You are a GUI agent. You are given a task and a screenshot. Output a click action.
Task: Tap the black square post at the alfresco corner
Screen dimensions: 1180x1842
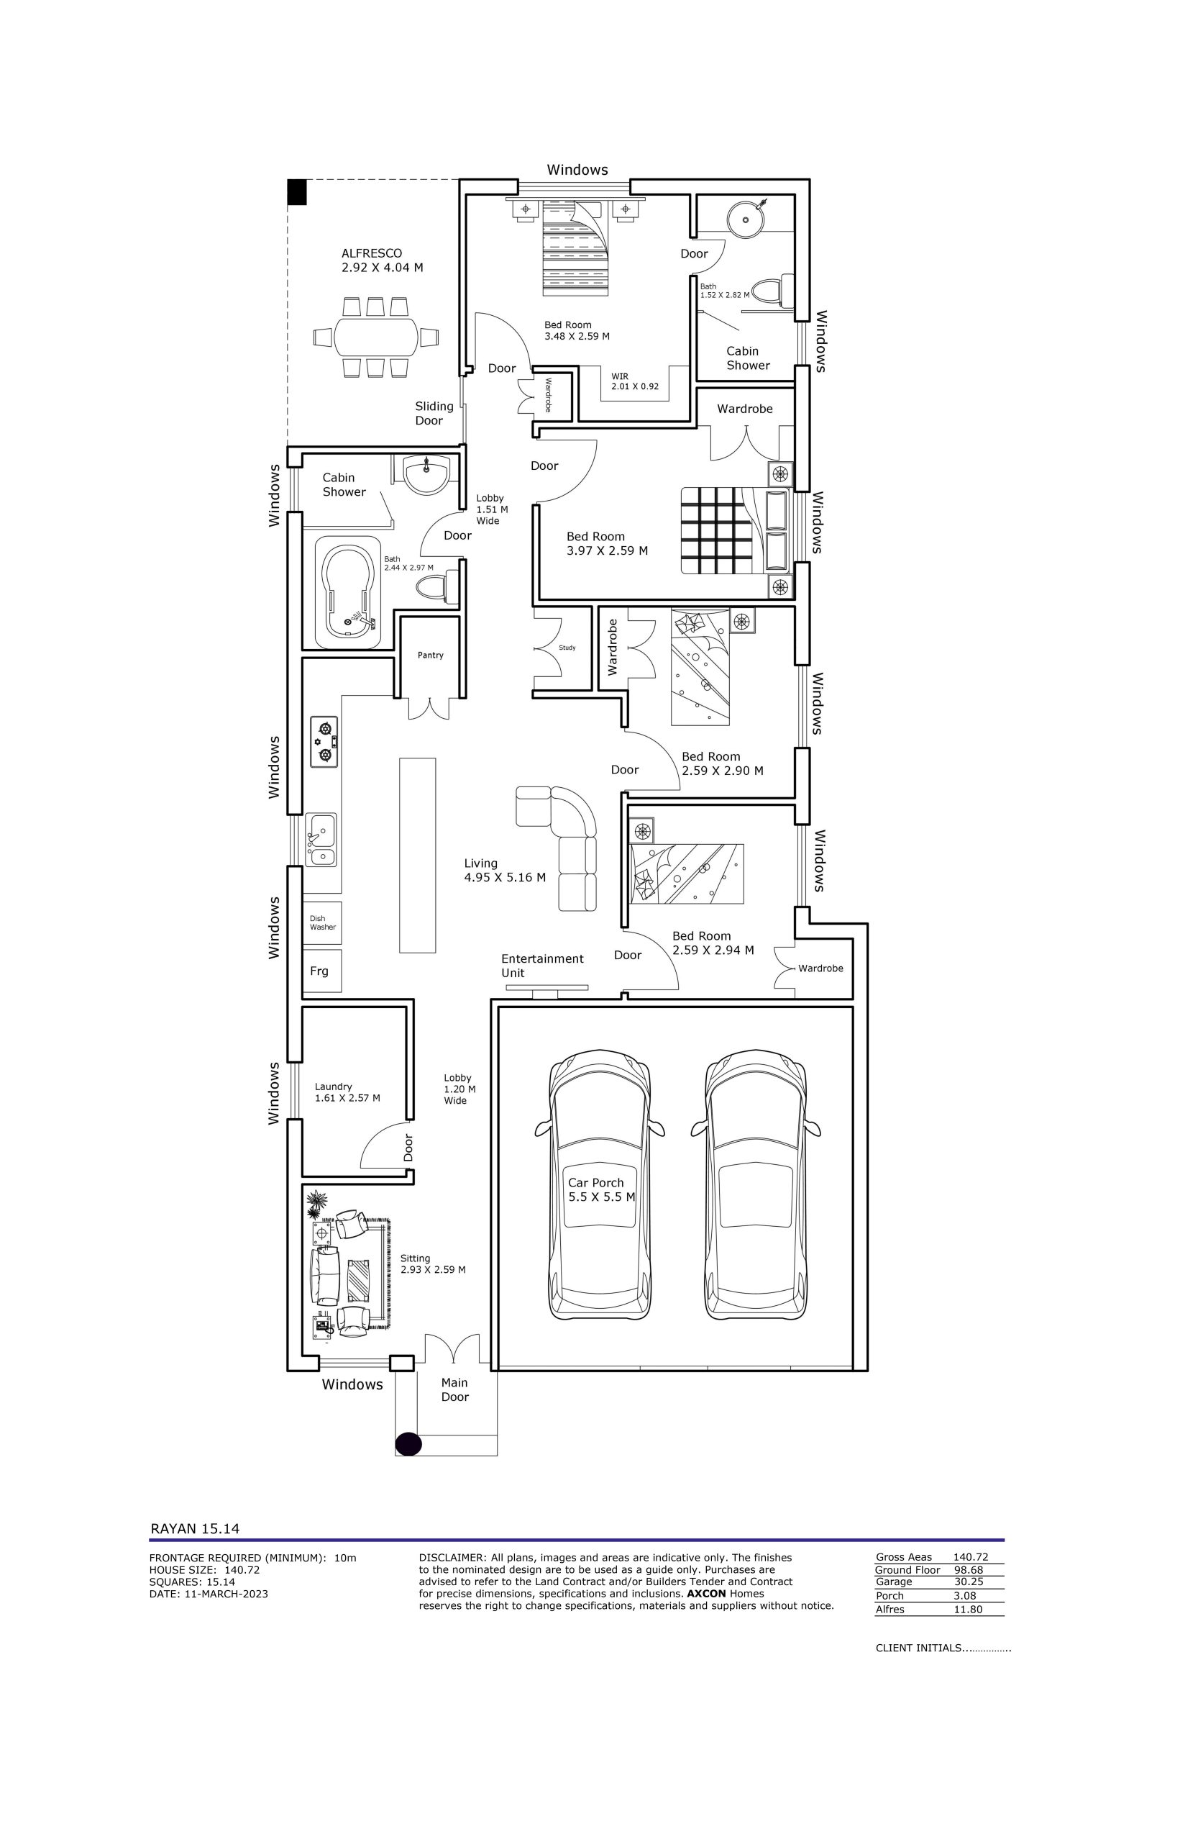pyautogui.click(x=296, y=191)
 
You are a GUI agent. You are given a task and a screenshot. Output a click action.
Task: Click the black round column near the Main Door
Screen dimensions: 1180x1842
pyautogui.click(x=408, y=1443)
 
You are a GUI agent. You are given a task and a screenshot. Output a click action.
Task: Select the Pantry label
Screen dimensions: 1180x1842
pyautogui.click(x=431, y=655)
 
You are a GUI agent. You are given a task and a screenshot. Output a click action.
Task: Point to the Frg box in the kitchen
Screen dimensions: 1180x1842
pyautogui.click(x=322, y=971)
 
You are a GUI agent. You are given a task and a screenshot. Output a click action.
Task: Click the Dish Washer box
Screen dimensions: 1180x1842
pyautogui.click(x=322, y=923)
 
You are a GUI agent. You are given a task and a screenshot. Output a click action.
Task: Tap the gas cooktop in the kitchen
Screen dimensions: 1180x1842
pyautogui.click(x=324, y=742)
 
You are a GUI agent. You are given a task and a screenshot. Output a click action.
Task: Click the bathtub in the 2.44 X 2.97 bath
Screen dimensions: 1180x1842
pyautogui.click(x=349, y=594)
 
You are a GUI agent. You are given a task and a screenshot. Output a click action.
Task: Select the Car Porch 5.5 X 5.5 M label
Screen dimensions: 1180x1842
pyautogui.click(x=601, y=1189)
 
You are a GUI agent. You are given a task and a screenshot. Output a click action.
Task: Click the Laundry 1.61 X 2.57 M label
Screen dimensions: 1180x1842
pyautogui.click(x=347, y=1092)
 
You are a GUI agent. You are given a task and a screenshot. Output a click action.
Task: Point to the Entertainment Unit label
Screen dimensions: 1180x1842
pyautogui.click(x=541, y=966)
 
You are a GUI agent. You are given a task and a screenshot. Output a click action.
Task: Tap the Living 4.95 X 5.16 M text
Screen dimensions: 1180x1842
pyautogui.click(x=505, y=870)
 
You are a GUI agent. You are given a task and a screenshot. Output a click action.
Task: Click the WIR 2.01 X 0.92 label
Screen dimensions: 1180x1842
pyautogui.click(x=634, y=381)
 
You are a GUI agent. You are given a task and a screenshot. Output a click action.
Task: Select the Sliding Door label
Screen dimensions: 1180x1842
pyautogui.click(x=434, y=413)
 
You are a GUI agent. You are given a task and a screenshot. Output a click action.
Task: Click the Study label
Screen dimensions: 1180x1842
pyautogui.click(x=567, y=648)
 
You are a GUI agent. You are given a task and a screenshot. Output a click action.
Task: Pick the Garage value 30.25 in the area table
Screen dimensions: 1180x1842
pyautogui.click(x=968, y=1582)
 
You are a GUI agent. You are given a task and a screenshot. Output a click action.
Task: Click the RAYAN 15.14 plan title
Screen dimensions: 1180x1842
pyautogui.click(x=195, y=1528)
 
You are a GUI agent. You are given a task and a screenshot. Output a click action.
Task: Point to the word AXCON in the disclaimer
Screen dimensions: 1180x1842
pyautogui.click(x=706, y=1593)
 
